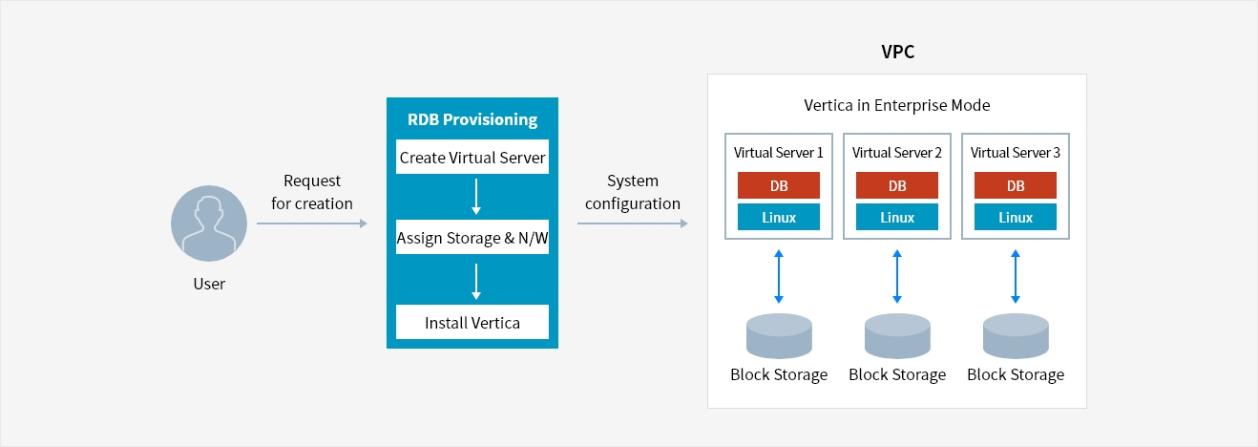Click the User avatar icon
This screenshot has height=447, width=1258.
tap(209, 223)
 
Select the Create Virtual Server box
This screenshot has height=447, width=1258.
tap(472, 157)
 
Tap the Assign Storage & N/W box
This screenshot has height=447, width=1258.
tap(472, 237)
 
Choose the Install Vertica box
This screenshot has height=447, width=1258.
tap(472, 322)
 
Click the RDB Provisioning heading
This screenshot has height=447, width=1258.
tap(472, 119)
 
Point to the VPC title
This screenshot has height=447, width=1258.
tap(897, 52)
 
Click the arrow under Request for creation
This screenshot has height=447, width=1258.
tap(312, 223)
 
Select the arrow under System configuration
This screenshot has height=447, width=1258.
tap(633, 223)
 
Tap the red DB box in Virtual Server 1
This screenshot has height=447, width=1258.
tap(779, 185)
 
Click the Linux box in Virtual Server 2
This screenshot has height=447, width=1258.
tap(897, 217)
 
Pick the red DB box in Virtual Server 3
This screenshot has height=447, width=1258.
tap(1016, 185)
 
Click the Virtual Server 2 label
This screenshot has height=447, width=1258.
tap(897, 153)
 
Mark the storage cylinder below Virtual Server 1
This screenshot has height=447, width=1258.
tap(779, 336)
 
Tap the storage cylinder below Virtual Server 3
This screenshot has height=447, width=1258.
tap(1016, 336)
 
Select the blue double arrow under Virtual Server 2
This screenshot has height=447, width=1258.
tap(897, 277)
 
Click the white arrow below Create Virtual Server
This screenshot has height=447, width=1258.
tap(476, 197)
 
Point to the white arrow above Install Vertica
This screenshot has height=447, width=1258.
tap(476, 282)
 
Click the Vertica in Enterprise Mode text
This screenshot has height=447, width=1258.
tap(897, 105)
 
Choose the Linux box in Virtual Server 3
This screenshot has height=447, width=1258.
tap(1016, 217)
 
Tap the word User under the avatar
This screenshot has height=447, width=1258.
tap(209, 284)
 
